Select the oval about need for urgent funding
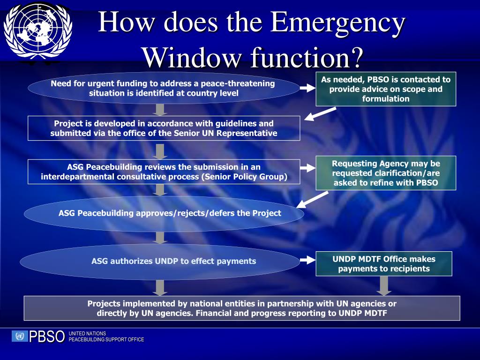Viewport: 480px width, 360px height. [164, 88]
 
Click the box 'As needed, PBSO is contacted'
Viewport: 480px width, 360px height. [385, 89]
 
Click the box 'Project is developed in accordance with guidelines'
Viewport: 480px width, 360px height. [164, 128]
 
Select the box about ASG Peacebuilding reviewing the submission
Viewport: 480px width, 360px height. [164, 172]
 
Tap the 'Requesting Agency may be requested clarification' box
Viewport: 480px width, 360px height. [385, 173]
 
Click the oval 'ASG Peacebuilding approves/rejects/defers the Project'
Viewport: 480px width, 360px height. [164, 214]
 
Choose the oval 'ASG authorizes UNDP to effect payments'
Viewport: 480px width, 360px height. [160, 262]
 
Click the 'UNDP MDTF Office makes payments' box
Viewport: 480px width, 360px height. [383, 264]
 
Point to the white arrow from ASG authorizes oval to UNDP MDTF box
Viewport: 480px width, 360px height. [307, 260]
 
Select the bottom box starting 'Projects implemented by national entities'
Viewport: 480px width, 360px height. [242, 308]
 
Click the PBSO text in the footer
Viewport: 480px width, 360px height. [47, 337]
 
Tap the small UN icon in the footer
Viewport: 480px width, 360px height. [20, 336]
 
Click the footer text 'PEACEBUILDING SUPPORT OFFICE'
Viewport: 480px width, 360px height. [106, 339]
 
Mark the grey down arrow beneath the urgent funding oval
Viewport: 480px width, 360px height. [160, 109]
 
